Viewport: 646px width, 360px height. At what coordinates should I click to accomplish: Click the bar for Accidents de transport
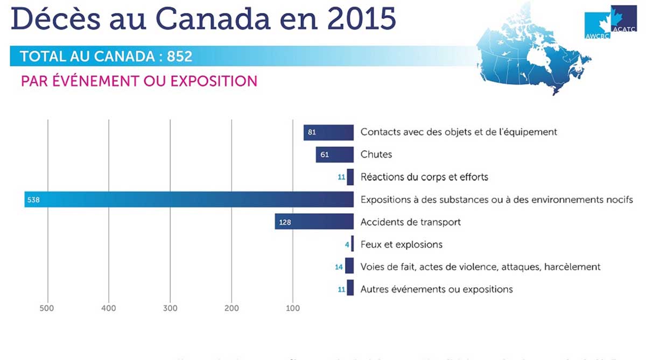coord(314,222)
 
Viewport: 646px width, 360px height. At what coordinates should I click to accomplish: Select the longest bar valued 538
coord(188,200)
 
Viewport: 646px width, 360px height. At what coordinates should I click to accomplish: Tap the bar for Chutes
coord(334,154)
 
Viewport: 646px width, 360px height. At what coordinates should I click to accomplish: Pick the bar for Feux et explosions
coord(352,244)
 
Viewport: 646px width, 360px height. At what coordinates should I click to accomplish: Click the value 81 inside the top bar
coord(312,132)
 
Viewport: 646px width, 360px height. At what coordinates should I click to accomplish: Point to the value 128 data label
coord(285,222)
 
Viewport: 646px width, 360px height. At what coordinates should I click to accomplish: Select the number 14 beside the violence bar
coord(339,267)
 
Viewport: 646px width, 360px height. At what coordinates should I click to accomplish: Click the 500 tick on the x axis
coord(48,308)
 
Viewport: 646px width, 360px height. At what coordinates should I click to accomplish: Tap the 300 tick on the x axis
coord(170,308)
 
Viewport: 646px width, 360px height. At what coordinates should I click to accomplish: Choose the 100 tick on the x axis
coord(292,308)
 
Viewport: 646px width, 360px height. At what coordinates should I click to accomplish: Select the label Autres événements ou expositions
coord(437,290)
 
